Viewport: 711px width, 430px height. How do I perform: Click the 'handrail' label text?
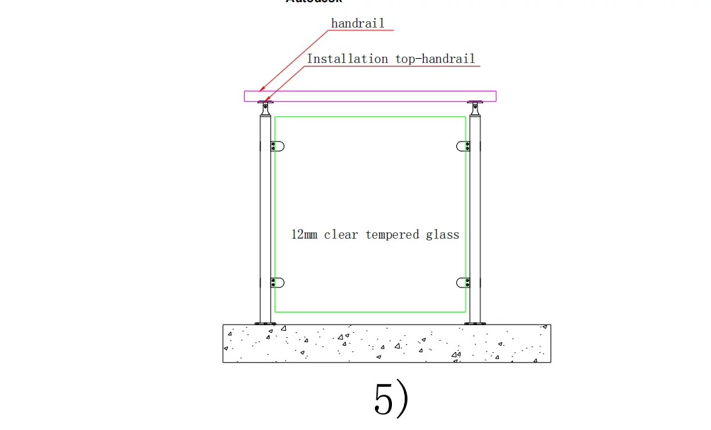click(x=357, y=23)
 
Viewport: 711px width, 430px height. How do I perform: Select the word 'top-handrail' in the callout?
click(x=435, y=59)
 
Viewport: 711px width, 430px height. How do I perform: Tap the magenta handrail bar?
click(x=370, y=96)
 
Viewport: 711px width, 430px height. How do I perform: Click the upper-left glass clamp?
click(x=277, y=146)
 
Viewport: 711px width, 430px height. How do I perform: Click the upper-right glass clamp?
click(x=464, y=146)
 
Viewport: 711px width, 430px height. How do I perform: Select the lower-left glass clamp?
click(x=277, y=283)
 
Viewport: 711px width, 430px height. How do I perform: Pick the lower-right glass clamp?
click(x=464, y=283)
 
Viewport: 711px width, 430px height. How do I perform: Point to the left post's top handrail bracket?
click(x=265, y=108)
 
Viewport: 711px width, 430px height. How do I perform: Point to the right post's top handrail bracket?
click(x=475, y=108)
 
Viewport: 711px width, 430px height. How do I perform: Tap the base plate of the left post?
click(x=265, y=323)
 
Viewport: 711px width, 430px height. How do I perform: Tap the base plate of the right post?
click(x=475, y=323)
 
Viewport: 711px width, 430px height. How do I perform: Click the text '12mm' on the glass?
click(x=305, y=234)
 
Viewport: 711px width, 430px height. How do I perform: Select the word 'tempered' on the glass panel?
click(x=392, y=234)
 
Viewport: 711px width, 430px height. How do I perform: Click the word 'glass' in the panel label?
click(x=442, y=234)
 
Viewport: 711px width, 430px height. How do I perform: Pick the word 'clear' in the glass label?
click(x=341, y=234)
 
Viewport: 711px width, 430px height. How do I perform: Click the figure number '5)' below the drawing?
click(x=391, y=400)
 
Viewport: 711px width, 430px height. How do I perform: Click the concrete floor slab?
click(x=387, y=344)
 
